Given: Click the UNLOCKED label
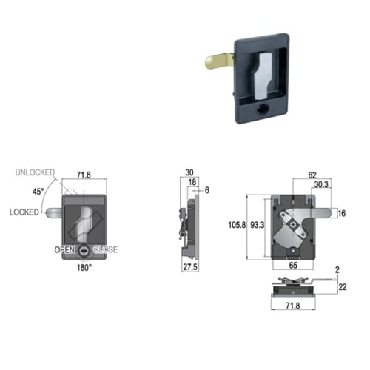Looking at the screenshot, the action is pyautogui.click(x=35, y=172).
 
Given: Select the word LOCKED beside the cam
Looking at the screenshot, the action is pyautogui.click(x=24, y=212).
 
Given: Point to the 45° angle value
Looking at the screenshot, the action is pyautogui.click(x=38, y=192).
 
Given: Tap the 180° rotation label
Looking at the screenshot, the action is pyautogui.click(x=84, y=267).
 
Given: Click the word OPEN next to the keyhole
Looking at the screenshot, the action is pyautogui.click(x=64, y=249).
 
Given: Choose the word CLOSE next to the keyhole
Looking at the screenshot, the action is pyautogui.click(x=105, y=249).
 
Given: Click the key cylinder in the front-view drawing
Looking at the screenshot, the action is pyautogui.click(x=84, y=251).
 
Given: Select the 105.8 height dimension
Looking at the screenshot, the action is pyautogui.click(x=237, y=225).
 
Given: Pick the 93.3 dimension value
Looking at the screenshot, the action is pyautogui.click(x=258, y=225).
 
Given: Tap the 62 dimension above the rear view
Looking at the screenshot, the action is pyautogui.click(x=312, y=175).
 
